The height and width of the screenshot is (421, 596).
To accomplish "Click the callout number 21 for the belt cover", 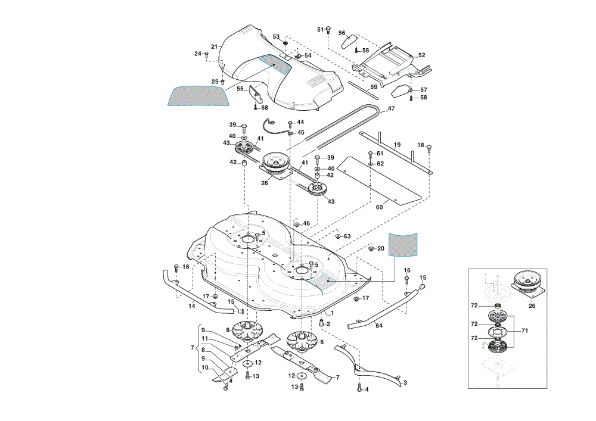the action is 215,46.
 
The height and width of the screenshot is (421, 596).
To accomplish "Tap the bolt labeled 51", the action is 329,29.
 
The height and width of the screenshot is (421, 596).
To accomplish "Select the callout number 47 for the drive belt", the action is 391,108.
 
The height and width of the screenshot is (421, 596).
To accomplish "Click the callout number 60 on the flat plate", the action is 379,207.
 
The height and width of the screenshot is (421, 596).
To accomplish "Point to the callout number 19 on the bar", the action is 397,145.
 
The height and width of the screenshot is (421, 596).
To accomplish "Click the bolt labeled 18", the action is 430,148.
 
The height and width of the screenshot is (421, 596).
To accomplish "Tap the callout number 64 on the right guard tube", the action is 379,326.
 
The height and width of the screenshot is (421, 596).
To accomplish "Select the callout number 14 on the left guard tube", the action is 192,305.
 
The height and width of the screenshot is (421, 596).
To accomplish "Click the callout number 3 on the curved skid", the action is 405,383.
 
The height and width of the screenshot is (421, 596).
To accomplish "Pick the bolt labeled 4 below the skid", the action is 359,389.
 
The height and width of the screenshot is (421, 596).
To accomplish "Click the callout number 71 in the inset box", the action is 524,330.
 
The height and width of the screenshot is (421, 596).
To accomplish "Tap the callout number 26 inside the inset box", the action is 532,305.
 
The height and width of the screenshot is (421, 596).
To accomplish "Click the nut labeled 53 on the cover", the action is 285,43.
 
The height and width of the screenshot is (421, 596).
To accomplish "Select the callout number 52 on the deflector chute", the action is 421,55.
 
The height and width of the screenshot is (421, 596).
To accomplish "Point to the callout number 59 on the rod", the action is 374,87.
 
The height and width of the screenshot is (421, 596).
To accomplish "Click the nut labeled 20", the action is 371,249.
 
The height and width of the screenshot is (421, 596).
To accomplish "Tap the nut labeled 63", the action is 337,236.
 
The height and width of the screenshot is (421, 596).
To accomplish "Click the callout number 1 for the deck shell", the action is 332,313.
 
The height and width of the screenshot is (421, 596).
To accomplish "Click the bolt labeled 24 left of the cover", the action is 206,55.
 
